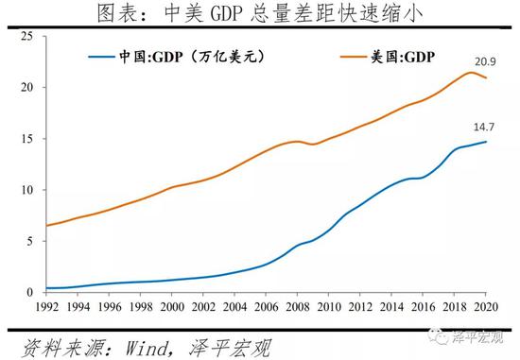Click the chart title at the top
260,13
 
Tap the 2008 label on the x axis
298,307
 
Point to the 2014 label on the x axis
392,307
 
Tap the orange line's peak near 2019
471,72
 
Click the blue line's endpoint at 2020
487,142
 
